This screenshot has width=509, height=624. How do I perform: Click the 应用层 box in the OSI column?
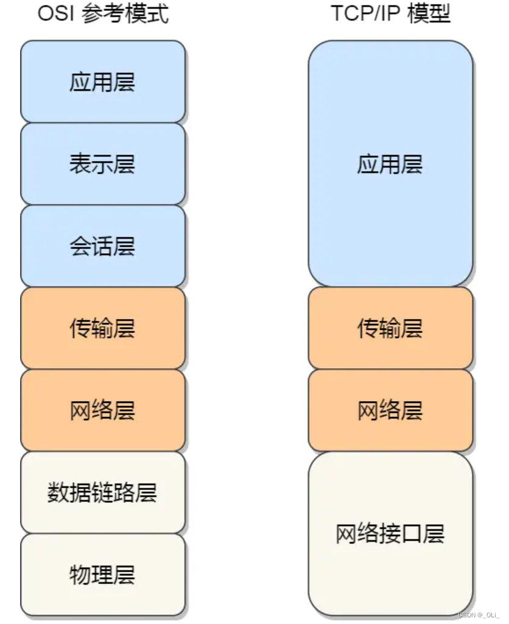tap(102, 82)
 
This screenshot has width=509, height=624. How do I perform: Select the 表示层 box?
tap(102, 164)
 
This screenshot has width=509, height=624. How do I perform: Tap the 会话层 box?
tap(102, 246)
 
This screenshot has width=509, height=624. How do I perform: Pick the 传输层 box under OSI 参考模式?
tap(102, 328)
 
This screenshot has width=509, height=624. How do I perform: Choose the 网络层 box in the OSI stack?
tap(102, 410)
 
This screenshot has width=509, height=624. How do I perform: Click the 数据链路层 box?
tap(102, 493)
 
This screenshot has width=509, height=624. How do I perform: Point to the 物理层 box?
tap(102, 575)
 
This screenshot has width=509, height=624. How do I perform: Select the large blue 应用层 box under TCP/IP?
tap(390, 164)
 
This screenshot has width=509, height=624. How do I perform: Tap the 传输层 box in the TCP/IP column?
tap(390, 328)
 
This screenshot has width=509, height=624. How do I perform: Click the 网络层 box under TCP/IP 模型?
tap(390, 410)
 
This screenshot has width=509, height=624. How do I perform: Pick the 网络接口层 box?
tap(390, 533)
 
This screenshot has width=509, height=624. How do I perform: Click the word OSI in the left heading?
tap(58, 14)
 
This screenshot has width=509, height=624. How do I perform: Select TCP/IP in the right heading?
tap(366, 14)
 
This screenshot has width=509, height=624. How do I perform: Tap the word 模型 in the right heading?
tap(430, 14)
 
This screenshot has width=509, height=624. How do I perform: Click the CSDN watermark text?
tap(479, 615)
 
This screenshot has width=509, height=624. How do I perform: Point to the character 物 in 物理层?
tap(80, 575)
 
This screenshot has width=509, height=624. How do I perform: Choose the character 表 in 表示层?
tap(80, 164)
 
